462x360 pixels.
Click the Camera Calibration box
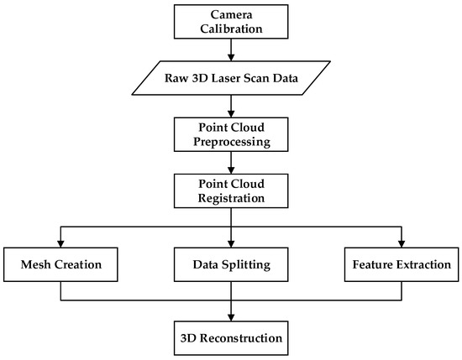[x=231, y=22]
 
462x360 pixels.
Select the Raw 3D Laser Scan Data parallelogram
[x=231, y=77]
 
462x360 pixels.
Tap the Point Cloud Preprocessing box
[x=231, y=133]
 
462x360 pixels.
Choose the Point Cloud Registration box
[x=231, y=190]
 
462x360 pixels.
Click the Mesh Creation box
[x=60, y=265]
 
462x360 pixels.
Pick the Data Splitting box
[x=231, y=265]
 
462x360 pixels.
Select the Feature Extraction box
[x=401, y=265]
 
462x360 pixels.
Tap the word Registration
[x=231, y=198]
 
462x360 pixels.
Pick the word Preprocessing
[x=231, y=140]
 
